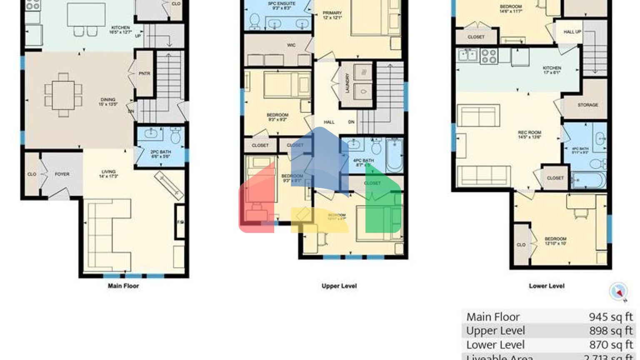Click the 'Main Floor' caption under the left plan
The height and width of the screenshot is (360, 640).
point(123,286)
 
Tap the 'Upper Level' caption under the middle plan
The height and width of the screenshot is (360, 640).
point(339,286)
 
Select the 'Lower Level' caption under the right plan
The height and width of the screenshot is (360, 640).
point(547,286)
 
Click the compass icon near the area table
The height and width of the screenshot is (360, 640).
point(618,292)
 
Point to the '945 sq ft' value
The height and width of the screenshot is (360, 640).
point(610,317)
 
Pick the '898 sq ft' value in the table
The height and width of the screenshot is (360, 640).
point(610,331)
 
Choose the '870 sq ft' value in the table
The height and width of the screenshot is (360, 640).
point(610,345)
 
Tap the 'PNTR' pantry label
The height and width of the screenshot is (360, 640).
point(144,74)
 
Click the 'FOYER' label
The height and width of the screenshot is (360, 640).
point(62,174)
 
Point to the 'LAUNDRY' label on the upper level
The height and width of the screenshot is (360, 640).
point(347,83)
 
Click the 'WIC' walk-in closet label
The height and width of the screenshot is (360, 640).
point(291,45)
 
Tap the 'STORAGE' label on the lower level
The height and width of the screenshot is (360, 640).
point(587,105)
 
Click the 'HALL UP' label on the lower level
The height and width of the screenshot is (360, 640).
point(572,32)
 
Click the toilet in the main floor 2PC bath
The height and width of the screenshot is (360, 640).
point(175,135)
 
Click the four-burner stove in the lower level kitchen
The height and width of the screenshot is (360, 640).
point(489,56)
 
